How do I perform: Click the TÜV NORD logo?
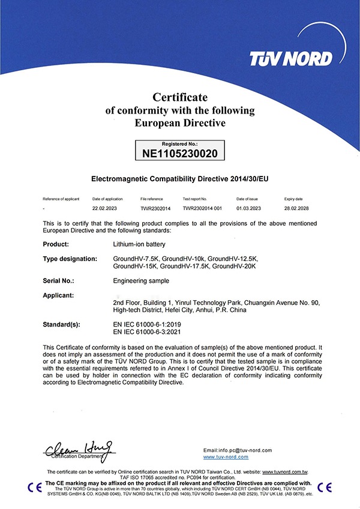coord(291,58)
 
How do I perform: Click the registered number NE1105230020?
coord(179,154)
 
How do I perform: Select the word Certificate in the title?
coord(180,97)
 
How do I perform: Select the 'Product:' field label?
coord(56,244)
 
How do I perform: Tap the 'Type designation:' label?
coord(71,258)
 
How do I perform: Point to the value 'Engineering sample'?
coord(141,280)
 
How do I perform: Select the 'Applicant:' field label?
coord(59,295)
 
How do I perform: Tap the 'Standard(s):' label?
coord(62,324)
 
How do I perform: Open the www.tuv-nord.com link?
coord(226,457)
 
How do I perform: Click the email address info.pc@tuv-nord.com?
coord(238,450)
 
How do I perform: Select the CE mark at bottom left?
coord(34,486)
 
